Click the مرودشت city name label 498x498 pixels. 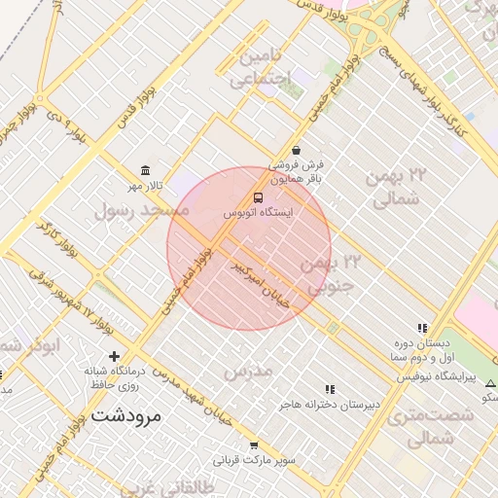point(128,415)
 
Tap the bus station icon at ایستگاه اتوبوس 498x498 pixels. point(258,197)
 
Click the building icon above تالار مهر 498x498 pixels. point(145,171)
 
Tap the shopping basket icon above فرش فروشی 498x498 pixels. point(296,151)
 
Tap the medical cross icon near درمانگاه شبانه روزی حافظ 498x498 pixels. point(115,356)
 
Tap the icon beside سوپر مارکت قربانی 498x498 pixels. point(254,445)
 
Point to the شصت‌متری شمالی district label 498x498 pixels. point(429,427)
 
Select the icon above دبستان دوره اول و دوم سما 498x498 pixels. point(422,329)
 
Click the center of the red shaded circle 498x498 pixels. point(249,248)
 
